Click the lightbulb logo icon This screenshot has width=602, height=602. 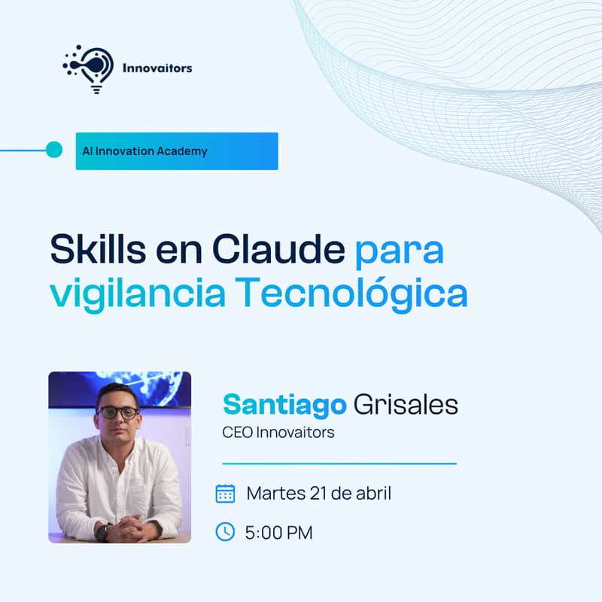pyautogui.click(x=88, y=68)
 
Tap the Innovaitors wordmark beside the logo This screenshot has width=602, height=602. pyautogui.click(x=157, y=68)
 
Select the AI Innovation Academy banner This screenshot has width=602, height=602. pyautogui.click(x=177, y=151)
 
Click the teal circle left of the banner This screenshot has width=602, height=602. pyautogui.click(x=53, y=150)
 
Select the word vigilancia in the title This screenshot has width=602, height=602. pyautogui.click(x=137, y=294)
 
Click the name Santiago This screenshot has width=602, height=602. pyautogui.click(x=284, y=405)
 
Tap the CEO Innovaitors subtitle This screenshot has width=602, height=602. pyautogui.click(x=278, y=433)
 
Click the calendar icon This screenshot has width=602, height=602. pyautogui.click(x=225, y=494)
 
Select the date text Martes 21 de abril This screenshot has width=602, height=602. pyautogui.click(x=318, y=494)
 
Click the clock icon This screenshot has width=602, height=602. pyautogui.click(x=225, y=532)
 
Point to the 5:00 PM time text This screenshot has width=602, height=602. pyautogui.click(x=278, y=533)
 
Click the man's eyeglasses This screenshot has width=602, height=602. pyautogui.click(x=118, y=412)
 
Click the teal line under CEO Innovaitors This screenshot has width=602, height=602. pyautogui.click(x=339, y=464)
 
